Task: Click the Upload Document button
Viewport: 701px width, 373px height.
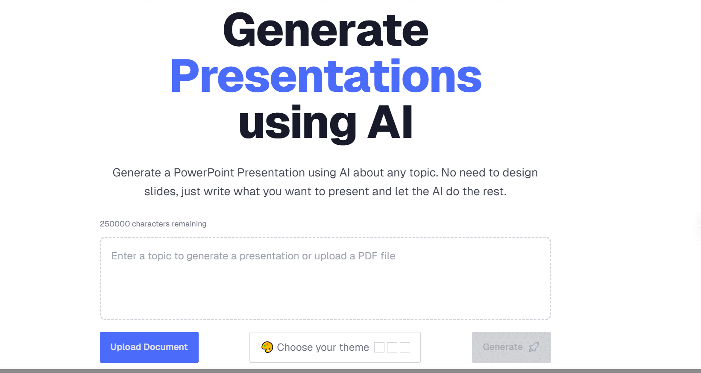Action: pyautogui.click(x=149, y=347)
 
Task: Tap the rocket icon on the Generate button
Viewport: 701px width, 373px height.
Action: pyautogui.click(x=534, y=347)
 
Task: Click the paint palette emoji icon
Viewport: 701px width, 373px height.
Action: pyautogui.click(x=267, y=347)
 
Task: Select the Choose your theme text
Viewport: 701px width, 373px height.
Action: pyautogui.click(x=323, y=347)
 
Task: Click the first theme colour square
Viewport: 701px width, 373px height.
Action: pyautogui.click(x=379, y=347)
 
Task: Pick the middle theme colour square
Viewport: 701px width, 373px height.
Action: pyautogui.click(x=392, y=347)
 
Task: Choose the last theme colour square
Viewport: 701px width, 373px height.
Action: pyautogui.click(x=405, y=347)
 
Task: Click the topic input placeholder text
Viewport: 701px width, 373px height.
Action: pyautogui.click(x=253, y=256)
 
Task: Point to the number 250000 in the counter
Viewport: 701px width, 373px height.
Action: pyautogui.click(x=115, y=224)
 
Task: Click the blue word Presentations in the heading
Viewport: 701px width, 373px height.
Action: pyautogui.click(x=326, y=76)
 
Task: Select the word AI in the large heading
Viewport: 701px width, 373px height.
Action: pyautogui.click(x=390, y=122)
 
